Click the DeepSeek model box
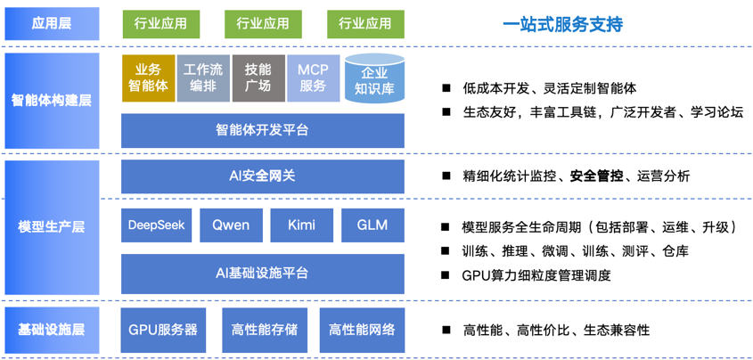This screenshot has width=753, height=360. [x=157, y=225]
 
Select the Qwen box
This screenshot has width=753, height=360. [x=231, y=225]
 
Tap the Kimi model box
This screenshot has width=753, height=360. [x=302, y=225]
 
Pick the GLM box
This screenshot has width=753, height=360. [x=372, y=225]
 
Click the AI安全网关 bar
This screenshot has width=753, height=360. [x=263, y=176]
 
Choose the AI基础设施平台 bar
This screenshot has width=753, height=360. [x=263, y=274]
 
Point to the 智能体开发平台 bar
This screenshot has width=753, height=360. [x=263, y=131]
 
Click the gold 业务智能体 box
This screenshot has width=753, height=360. [x=149, y=78]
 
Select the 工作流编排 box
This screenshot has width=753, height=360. [x=203, y=78]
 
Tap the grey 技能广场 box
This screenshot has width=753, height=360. [x=258, y=78]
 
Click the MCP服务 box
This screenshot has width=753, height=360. [x=313, y=78]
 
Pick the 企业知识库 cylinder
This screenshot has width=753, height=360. [x=374, y=78]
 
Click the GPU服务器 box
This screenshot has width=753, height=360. [x=163, y=330]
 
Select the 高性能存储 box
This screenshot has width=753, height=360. [x=264, y=330]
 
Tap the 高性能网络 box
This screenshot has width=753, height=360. [x=362, y=330]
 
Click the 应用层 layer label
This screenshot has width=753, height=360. [x=52, y=23]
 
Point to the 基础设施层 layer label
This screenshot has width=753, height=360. [x=52, y=330]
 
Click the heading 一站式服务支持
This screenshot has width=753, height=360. [x=563, y=24]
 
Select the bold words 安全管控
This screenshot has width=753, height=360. [x=596, y=176]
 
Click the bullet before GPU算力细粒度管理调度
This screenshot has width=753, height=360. [x=446, y=274]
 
